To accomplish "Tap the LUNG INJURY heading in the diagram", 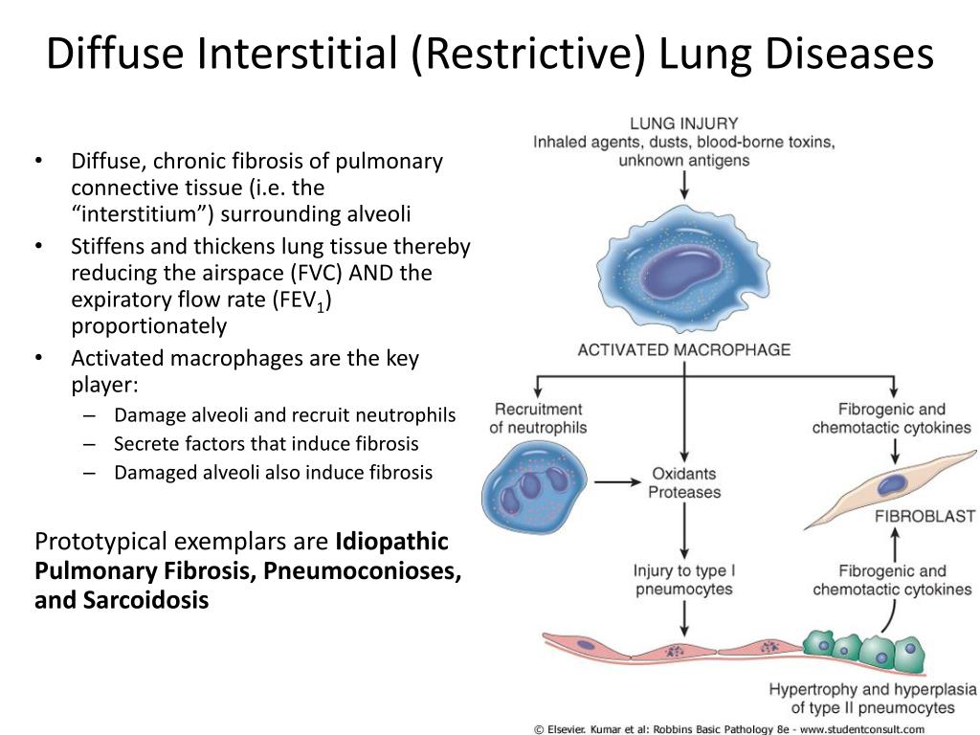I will tap(683, 123).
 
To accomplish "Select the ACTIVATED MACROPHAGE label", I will tap(683, 349).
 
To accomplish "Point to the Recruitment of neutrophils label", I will tap(538, 418).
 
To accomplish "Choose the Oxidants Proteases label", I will tap(684, 483).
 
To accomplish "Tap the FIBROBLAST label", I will tap(924, 517).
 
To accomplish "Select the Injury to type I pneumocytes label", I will tap(683, 580).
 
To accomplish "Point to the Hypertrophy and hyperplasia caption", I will tap(872, 699).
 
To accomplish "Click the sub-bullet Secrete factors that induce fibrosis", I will tap(266, 444).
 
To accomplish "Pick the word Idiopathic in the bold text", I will tap(391, 542).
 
